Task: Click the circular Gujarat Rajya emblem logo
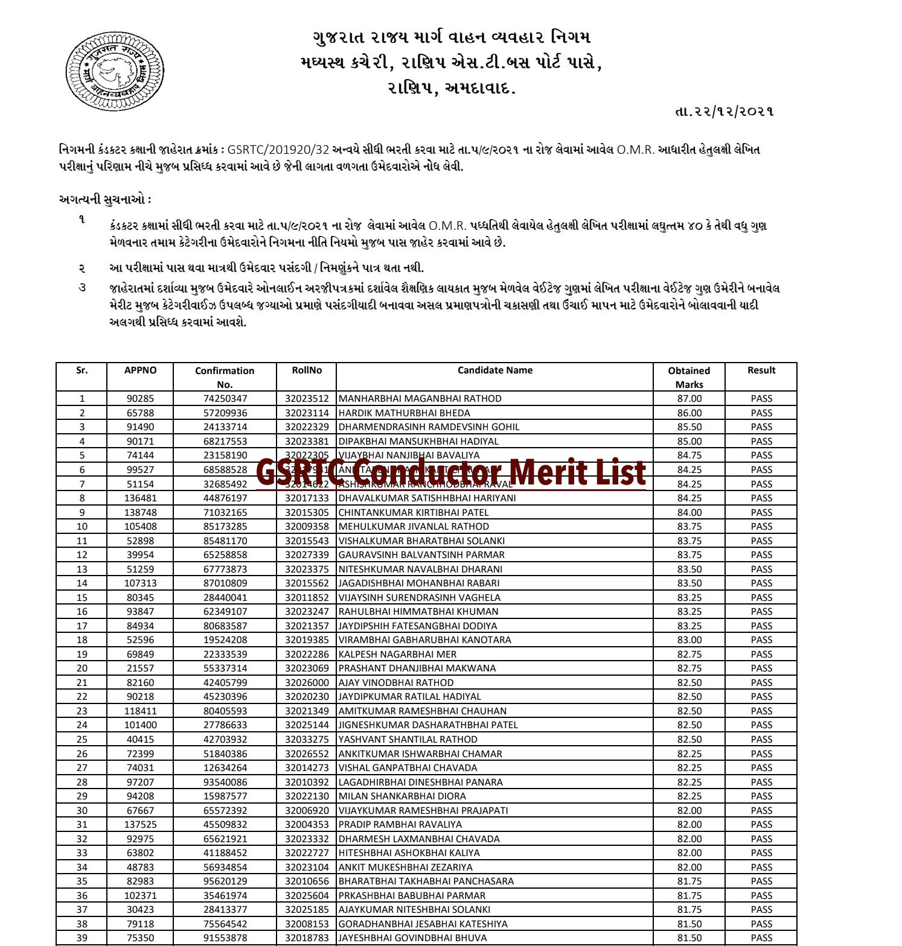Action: point(115,71)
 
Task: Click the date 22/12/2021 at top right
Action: point(724,112)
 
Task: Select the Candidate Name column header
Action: point(494,370)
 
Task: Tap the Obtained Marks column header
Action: point(689,377)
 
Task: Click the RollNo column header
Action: point(307,370)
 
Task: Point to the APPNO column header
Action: point(140,370)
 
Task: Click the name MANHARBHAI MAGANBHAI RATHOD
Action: point(420,399)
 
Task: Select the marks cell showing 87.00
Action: point(689,399)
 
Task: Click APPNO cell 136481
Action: point(140,498)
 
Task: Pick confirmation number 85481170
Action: point(225,541)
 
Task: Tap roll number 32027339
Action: point(307,555)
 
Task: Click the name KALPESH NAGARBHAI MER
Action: point(397,655)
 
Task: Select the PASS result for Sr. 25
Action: point(761,740)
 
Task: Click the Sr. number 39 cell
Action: point(82,938)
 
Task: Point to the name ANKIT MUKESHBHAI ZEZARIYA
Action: point(405,868)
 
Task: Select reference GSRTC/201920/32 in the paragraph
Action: point(278,150)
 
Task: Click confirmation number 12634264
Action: point(225,768)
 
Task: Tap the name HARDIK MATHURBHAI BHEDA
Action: point(404,413)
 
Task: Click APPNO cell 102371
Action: point(140,896)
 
